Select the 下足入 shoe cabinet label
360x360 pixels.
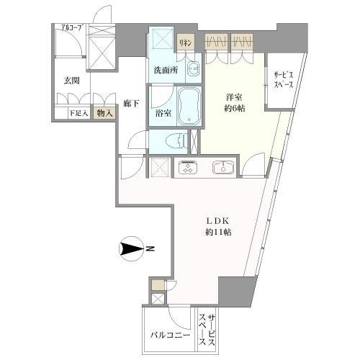point(78,113)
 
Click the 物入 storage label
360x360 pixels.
point(104,113)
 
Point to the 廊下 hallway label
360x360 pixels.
point(130,104)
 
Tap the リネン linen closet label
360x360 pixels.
point(186,43)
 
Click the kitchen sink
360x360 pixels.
point(221,168)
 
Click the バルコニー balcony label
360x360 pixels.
point(169,335)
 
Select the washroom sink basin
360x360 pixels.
point(194,71)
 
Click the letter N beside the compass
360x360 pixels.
point(152,250)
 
